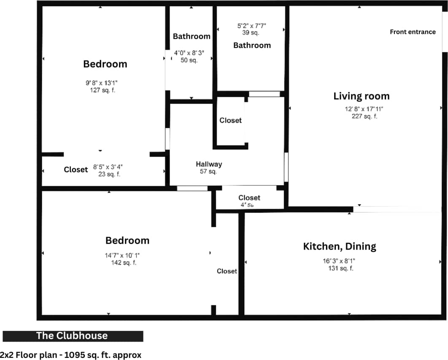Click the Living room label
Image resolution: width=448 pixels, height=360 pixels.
click(362, 96)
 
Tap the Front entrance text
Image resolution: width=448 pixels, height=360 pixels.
click(413, 32)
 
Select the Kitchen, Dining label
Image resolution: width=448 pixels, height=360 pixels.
click(340, 246)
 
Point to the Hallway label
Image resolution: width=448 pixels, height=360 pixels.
click(209, 164)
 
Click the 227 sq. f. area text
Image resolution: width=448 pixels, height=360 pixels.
click(364, 116)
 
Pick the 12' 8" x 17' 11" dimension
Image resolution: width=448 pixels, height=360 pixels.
click(364, 109)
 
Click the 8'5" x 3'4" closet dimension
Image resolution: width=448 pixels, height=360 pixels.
click(108, 167)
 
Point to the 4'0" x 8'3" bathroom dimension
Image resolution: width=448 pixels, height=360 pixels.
click(189, 53)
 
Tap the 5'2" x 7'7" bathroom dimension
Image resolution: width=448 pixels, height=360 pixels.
click(251, 26)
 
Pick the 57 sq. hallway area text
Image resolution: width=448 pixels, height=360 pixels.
click(208, 172)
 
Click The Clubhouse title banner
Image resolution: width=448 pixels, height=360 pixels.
click(73, 336)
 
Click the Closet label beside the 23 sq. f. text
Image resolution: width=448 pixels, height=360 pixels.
click(76, 170)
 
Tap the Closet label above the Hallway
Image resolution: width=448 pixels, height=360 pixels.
click(231, 121)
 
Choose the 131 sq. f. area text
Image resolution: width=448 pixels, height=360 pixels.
click(340, 269)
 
